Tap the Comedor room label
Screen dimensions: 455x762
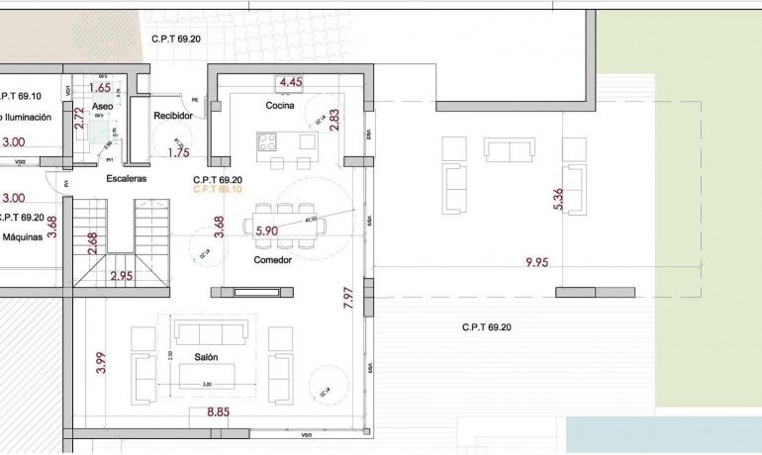pyautogui.click(x=272, y=260)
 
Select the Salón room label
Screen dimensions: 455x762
pyautogui.click(x=206, y=357)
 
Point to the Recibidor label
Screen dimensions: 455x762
pyautogui.click(x=172, y=116)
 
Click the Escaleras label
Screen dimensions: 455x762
pyautogui.click(x=127, y=179)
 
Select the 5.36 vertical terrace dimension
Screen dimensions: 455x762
pyautogui.click(x=559, y=199)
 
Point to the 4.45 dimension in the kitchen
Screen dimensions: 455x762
pyautogui.click(x=291, y=82)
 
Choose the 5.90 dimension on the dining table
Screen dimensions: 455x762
pyautogui.click(x=267, y=231)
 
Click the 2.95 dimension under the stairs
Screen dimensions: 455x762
pyautogui.click(x=122, y=276)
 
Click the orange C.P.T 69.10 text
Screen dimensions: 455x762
pyautogui.click(x=218, y=189)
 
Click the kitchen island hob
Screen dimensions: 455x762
pyautogui.click(x=267, y=141)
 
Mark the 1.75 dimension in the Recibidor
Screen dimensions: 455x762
pyautogui.click(x=179, y=152)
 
